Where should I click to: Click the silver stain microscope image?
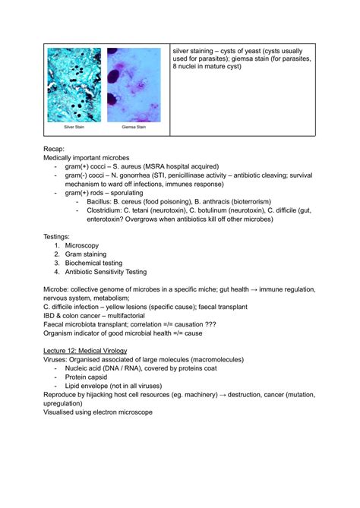(74, 84)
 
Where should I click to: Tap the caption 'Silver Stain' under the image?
(74, 128)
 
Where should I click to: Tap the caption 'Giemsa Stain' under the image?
(133, 128)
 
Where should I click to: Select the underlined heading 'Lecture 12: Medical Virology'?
(85, 351)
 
